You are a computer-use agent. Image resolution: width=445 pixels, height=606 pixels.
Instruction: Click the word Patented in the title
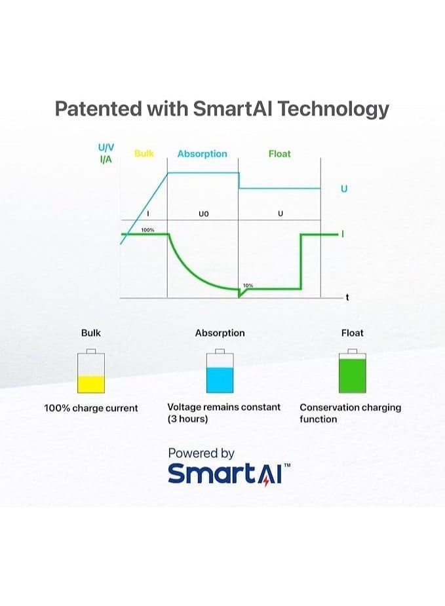click(x=98, y=108)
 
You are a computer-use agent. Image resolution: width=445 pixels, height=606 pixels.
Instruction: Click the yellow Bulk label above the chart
click(x=144, y=153)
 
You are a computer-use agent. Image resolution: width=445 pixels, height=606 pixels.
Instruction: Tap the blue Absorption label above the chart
click(x=203, y=154)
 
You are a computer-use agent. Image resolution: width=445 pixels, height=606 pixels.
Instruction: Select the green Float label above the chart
click(x=280, y=154)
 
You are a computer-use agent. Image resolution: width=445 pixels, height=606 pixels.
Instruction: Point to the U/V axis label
click(x=106, y=147)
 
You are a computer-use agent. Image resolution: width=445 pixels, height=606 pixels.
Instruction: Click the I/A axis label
click(x=106, y=159)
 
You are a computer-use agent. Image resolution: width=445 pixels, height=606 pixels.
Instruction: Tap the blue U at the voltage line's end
click(x=344, y=189)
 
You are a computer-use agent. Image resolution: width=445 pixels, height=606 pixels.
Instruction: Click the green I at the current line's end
click(x=343, y=234)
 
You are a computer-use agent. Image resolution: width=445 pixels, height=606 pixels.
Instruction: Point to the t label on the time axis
click(x=347, y=297)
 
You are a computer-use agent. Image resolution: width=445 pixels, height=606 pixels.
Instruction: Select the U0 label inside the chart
click(x=203, y=214)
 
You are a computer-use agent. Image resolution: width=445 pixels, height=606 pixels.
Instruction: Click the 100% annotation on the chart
click(x=147, y=230)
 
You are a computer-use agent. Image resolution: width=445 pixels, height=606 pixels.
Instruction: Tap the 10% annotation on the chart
click(x=248, y=286)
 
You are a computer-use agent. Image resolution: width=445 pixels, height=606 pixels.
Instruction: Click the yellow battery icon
click(x=91, y=371)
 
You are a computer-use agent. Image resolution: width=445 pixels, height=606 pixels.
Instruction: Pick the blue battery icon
click(x=220, y=371)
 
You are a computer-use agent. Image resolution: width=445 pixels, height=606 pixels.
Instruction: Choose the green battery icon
click(x=352, y=371)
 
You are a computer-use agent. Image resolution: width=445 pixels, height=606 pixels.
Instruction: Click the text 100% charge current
click(x=91, y=408)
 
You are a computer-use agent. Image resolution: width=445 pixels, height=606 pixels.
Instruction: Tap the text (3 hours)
click(x=187, y=419)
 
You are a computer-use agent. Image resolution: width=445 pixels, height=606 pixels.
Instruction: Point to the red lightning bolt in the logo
click(x=266, y=480)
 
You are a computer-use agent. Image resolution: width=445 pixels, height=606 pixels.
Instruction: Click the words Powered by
click(x=201, y=453)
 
